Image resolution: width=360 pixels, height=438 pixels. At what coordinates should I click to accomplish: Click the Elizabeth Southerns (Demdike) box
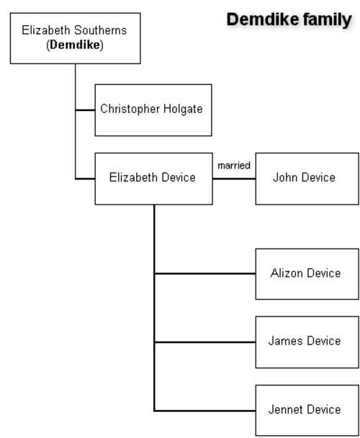[x=75, y=38]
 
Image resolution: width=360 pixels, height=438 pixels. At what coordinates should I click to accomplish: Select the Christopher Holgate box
[x=153, y=110]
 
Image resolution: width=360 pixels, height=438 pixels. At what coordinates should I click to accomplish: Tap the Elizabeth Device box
[x=153, y=179]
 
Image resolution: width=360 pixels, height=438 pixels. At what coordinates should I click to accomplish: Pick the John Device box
[x=307, y=179]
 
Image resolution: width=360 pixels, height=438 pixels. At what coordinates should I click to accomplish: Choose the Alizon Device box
[x=307, y=274]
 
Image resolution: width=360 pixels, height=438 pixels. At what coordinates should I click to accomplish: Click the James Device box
[x=307, y=342]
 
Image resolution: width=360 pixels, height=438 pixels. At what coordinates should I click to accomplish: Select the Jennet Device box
[x=307, y=411]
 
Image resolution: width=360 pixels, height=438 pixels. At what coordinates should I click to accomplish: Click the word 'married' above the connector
[x=234, y=166]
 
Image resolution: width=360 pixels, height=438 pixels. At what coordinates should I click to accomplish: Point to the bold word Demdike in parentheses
[x=75, y=45]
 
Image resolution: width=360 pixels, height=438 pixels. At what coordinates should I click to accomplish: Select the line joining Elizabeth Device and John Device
[x=234, y=179]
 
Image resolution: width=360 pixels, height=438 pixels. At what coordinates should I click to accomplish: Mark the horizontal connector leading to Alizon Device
[x=204, y=274]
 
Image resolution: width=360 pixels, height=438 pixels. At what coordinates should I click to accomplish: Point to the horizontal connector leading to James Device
[x=204, y=342]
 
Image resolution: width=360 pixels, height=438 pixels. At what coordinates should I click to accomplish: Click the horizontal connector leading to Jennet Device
[x=204, y=411]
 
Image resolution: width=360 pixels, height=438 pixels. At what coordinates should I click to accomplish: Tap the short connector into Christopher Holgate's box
[x=85, y=110]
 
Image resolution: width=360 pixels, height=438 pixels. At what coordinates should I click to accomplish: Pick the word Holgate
[x=183, y=109]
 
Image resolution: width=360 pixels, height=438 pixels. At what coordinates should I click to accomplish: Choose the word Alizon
[x=287, y=273]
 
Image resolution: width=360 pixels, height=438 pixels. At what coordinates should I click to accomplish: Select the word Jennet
[x=285, y=409]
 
